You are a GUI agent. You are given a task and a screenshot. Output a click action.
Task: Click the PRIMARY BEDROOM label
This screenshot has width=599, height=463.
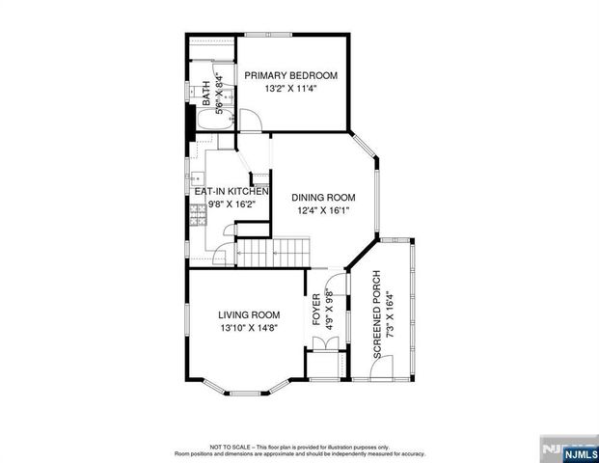(x=290, y=75)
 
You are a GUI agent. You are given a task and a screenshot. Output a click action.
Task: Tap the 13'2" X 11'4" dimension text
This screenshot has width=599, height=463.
(x=290, y=89)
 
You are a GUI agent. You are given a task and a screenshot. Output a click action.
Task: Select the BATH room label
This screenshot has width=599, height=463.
(x=205, y=94)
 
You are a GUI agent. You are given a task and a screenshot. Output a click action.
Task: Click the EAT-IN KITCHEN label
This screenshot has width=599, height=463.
(x=231, y=191)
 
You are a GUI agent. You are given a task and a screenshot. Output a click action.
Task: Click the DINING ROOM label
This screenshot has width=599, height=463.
(x=324, y=198)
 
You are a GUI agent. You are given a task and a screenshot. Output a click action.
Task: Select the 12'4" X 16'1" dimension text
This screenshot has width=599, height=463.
(x=324, y=211)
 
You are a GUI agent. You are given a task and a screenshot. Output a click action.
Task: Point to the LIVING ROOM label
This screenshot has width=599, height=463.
(x=249, y=314)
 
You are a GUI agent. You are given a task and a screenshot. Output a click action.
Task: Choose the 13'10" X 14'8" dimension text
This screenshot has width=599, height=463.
(x=249, y=328)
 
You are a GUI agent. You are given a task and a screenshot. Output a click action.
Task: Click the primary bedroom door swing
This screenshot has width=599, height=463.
(x=249, y=123)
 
